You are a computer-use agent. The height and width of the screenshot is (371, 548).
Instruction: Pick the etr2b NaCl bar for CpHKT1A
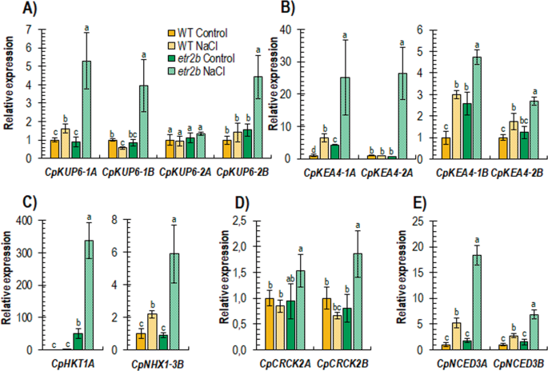[x=87, y=295]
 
